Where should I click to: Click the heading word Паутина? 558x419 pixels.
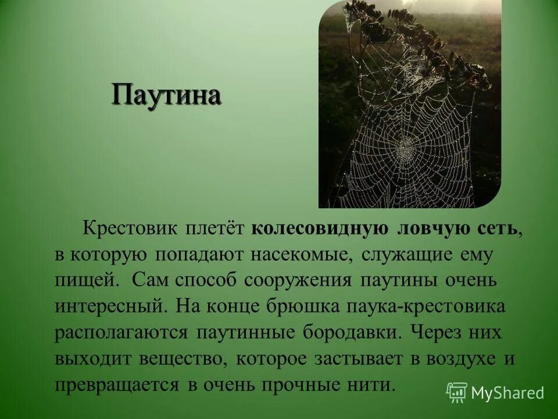[x=166, y=95]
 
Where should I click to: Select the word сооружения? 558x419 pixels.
[x=298, y=280]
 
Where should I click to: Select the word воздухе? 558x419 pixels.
[x=461, y=359]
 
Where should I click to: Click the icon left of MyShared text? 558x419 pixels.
[x=457, y=393]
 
